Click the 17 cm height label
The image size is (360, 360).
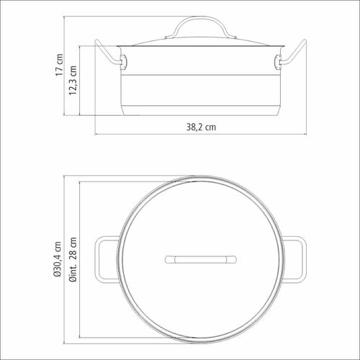tap(59, 65)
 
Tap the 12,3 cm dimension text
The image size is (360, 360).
tap(73, 80)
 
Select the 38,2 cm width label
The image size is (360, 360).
tap(201, 127)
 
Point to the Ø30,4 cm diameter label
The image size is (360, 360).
tap(58, 259)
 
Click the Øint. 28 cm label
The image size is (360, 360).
tap(73, 259)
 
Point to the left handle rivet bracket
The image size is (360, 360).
tap(124, 62)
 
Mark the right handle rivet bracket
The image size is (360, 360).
tap(278, 62)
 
